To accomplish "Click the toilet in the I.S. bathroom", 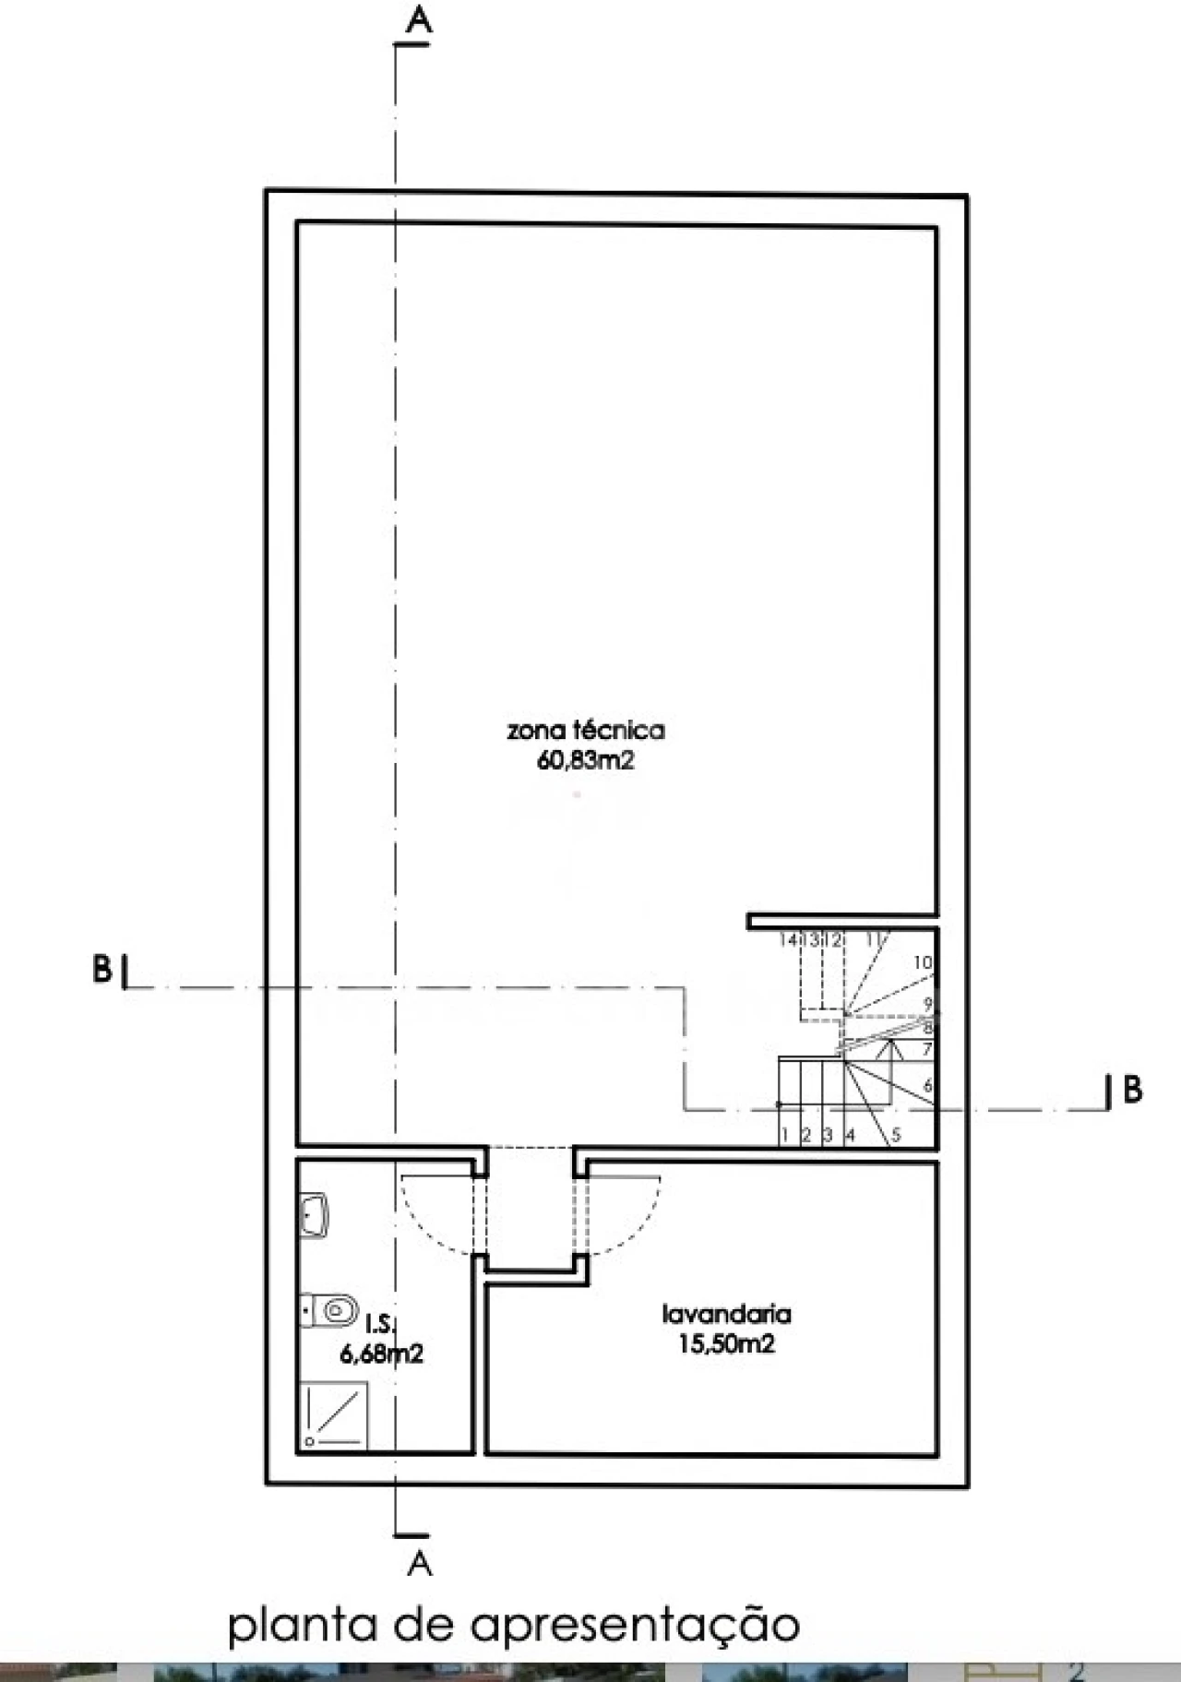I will [330, 1307].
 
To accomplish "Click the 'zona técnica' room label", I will [585, 731].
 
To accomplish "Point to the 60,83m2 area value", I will [585, 762].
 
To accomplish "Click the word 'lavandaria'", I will [726, 1313].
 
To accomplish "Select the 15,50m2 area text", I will [726, 1343].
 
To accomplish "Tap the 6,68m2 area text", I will [382, 1354].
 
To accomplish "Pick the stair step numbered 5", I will [895, 1136].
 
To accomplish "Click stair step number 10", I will [922, 962].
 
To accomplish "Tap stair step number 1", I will [784, 1136].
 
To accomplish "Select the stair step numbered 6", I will [927, 1086].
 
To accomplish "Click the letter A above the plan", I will [419, 20].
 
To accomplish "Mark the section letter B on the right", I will [1132, 1090].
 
